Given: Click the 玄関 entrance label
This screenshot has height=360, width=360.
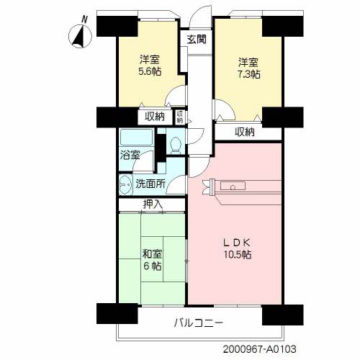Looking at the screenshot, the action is (x=197, y=40).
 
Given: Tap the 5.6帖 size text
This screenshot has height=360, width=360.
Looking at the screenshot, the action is (x=150, y=71).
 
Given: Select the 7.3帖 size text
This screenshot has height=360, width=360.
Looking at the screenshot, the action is (x=248, y=74).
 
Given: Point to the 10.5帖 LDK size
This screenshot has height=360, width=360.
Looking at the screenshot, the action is (x=238, y=254).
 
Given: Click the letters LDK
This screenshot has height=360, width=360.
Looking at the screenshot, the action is (x=237, y=243).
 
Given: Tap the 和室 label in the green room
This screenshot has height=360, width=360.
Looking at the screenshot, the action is (x=152, y=254).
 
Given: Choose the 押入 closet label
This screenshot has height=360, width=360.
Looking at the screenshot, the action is (x=153, y=204).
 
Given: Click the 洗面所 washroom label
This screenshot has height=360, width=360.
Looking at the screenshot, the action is (x=150, y=184).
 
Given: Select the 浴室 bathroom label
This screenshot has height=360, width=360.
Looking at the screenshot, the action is (x=130, y=156).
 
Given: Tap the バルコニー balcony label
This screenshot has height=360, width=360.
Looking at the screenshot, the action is (x=199, y=323).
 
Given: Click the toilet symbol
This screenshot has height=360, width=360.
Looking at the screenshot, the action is (x=176, y=145).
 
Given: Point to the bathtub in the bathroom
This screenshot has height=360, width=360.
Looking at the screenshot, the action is (x=137, y=137).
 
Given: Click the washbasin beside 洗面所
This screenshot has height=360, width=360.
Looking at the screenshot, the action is (x=126, y=184).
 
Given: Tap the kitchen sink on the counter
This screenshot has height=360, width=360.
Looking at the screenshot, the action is (x=233, y=186).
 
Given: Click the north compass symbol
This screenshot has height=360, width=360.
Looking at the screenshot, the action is (x=80, y=37).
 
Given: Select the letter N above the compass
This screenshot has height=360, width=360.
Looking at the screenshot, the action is (x=84, y=19).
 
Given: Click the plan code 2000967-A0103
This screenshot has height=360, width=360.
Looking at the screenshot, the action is (x=259, y=349).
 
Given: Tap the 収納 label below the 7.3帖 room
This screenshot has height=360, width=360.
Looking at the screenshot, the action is (x=245, y=132).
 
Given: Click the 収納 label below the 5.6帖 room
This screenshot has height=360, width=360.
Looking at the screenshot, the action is (x=155, y=117).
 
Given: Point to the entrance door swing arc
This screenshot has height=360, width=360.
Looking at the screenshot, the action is (x=197, y=12).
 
